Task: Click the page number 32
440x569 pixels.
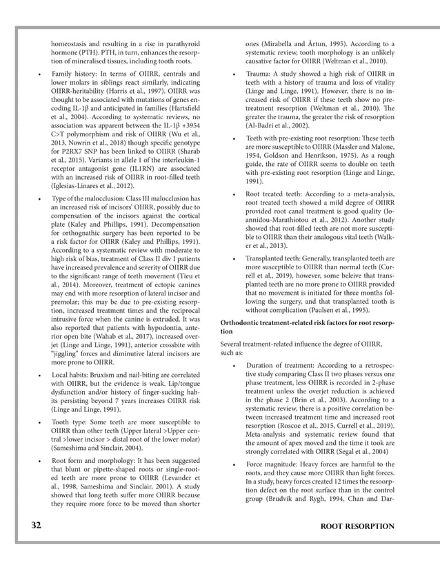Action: pos(35,526)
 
